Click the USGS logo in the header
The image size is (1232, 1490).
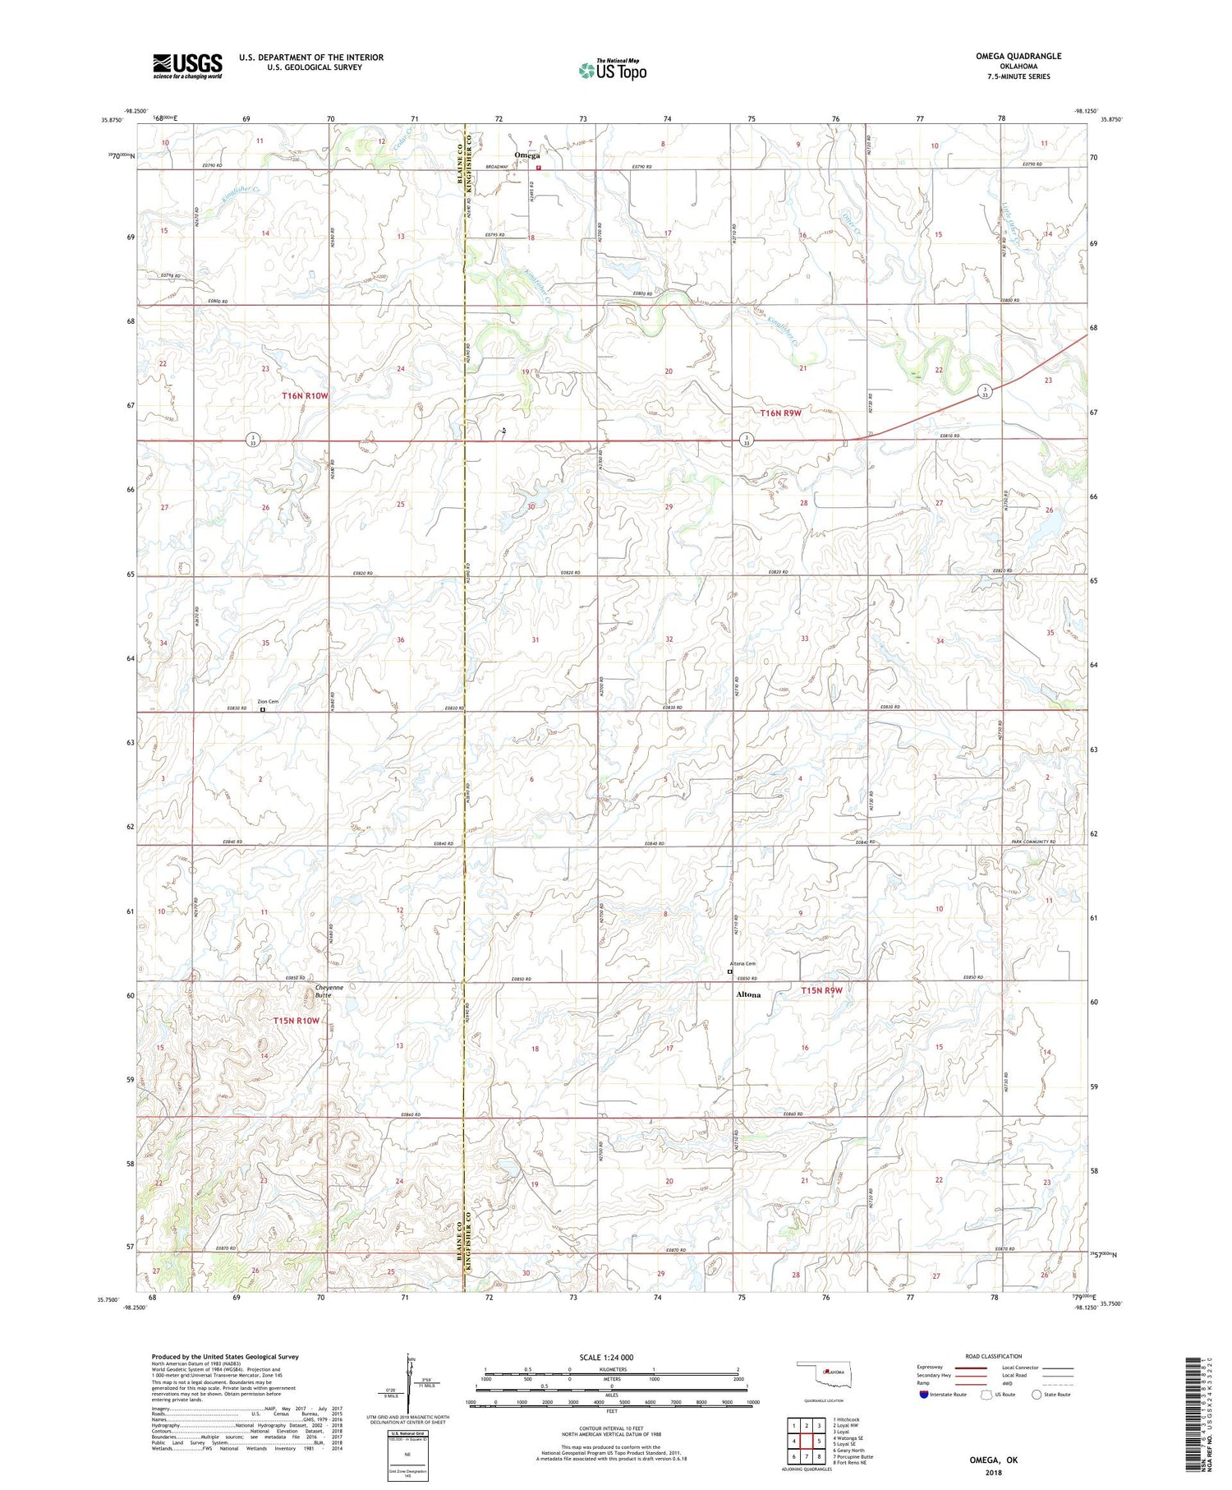click(187, 66)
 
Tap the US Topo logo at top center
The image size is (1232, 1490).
click(613, 71)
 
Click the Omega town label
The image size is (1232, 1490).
click(526, 155)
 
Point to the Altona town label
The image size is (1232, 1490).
click(747, 994)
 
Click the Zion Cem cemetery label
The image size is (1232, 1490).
click(268, 702)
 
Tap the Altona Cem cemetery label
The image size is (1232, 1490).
click(742, 964)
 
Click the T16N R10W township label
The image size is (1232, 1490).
click(305, 396)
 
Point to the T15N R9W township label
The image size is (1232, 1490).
click(821, 990)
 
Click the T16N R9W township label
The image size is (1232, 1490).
click(780, 413)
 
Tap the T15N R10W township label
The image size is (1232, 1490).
click(296, 1021)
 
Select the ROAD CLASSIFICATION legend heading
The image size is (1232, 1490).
click(994, 1356)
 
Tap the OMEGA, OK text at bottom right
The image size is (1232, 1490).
click(993, 1460)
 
